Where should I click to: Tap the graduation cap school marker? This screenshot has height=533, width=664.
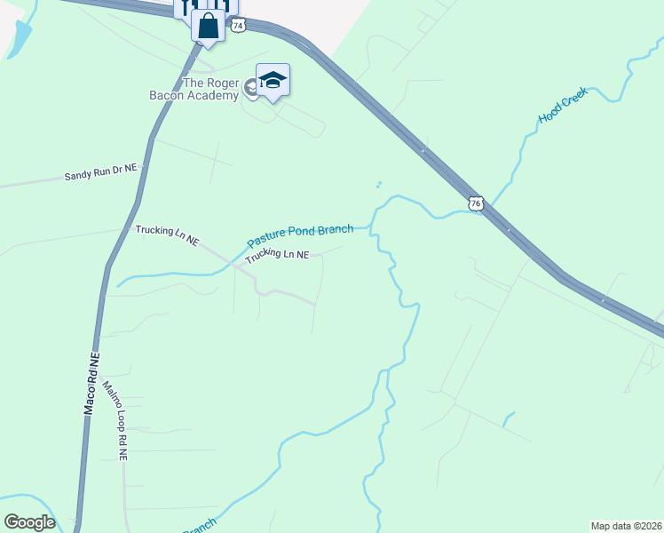273,80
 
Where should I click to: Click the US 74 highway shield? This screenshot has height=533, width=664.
237,26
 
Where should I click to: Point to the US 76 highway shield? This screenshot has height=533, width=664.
476,203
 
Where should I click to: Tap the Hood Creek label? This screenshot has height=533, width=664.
563,105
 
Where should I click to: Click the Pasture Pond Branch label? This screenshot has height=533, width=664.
300,235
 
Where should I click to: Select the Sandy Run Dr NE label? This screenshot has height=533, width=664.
100,176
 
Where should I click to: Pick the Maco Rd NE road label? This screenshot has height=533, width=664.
91,384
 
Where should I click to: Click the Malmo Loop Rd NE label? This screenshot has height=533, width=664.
116,420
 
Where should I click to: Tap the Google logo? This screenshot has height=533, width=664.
29,521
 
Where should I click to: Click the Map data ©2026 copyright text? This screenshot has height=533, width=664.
625,525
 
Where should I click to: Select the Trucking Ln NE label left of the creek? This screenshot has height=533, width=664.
168,235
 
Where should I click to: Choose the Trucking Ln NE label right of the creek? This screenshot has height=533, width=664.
277,256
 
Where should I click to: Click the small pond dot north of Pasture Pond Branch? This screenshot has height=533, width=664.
378,186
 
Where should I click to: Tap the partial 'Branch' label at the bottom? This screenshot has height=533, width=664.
199,526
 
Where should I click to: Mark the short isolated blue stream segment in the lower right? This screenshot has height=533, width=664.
508,418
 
